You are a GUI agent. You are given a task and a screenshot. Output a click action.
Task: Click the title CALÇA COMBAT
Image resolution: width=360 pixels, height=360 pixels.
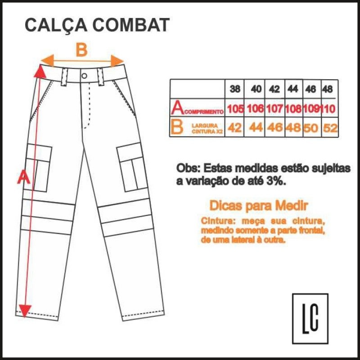(97, 26)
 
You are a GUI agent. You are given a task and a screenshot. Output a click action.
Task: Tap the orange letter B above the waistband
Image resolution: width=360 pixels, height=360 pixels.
(81, 50)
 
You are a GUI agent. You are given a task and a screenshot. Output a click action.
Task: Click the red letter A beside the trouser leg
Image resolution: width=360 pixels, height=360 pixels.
(23, 177)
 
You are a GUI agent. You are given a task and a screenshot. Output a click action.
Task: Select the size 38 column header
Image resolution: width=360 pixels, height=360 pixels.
(235, 89)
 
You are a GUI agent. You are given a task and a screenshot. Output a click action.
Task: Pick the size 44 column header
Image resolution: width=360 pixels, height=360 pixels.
(292, 89)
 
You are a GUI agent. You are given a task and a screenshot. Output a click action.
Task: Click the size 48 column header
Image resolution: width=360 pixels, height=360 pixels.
(328, 89)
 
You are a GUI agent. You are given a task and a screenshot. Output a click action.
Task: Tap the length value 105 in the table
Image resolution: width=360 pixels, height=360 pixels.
(235, 108)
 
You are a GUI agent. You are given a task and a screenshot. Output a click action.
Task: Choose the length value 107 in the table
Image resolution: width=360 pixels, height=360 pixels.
(274, 108)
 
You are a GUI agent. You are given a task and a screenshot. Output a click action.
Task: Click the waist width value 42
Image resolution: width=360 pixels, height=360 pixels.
(235, 128)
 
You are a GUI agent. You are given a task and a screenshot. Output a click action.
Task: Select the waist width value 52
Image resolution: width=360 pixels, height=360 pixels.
(330, 128)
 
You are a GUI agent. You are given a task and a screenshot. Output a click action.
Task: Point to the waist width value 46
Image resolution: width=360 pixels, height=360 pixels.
(274, 128)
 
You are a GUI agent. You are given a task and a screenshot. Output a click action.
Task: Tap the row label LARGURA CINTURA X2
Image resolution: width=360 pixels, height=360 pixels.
(207, 128)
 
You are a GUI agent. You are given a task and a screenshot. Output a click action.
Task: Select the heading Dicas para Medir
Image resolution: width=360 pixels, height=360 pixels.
(259, 206)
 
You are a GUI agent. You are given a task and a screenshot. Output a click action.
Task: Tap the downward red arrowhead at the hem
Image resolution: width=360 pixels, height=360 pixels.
(25, 310)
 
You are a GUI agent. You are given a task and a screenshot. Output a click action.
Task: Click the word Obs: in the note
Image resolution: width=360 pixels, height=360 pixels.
(188, 168)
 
